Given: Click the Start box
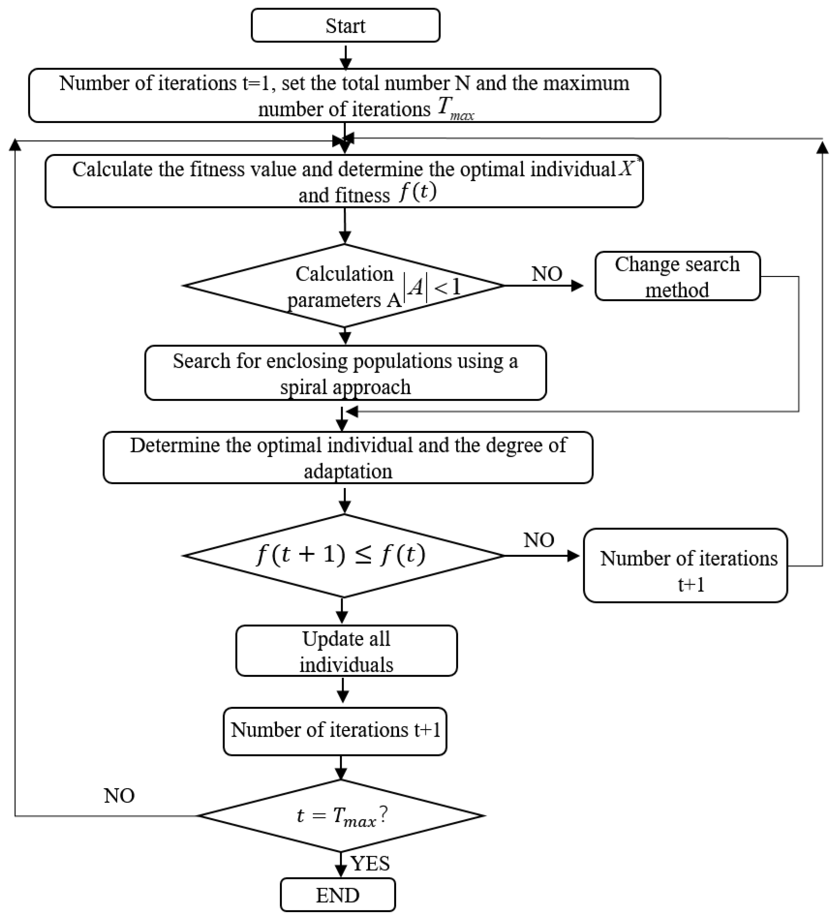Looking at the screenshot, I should coord(345,26).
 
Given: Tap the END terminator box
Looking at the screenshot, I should coord(338,895).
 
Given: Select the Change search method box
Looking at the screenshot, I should coord(677,276).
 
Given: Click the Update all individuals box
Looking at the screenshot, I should coord(346,651).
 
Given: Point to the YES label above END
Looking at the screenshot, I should coord(370,863).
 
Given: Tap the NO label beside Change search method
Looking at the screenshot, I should coord(546,274).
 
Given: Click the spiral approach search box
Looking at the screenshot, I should coord(345,373).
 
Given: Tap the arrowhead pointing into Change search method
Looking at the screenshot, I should coord(577,286).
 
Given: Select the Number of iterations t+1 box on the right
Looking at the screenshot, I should coord(685,566).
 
